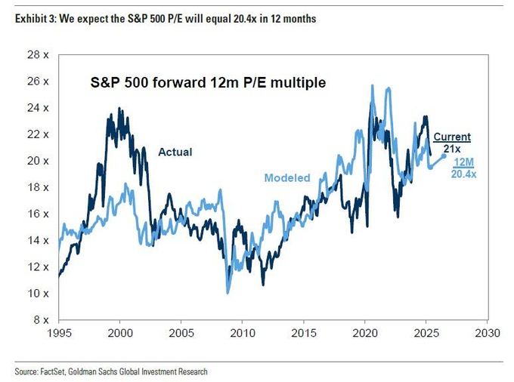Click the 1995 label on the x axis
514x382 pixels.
(59, 332)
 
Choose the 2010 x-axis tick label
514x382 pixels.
(242, 332)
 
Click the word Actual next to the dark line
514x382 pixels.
(175, 152)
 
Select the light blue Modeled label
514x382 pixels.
(286, 178)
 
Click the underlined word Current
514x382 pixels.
(451, 137)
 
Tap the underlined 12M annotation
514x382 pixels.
(464, 162)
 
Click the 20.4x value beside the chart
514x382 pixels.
(464, 174)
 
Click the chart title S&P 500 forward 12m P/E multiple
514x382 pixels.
(205, 83)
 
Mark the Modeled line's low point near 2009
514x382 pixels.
(228, 293)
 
